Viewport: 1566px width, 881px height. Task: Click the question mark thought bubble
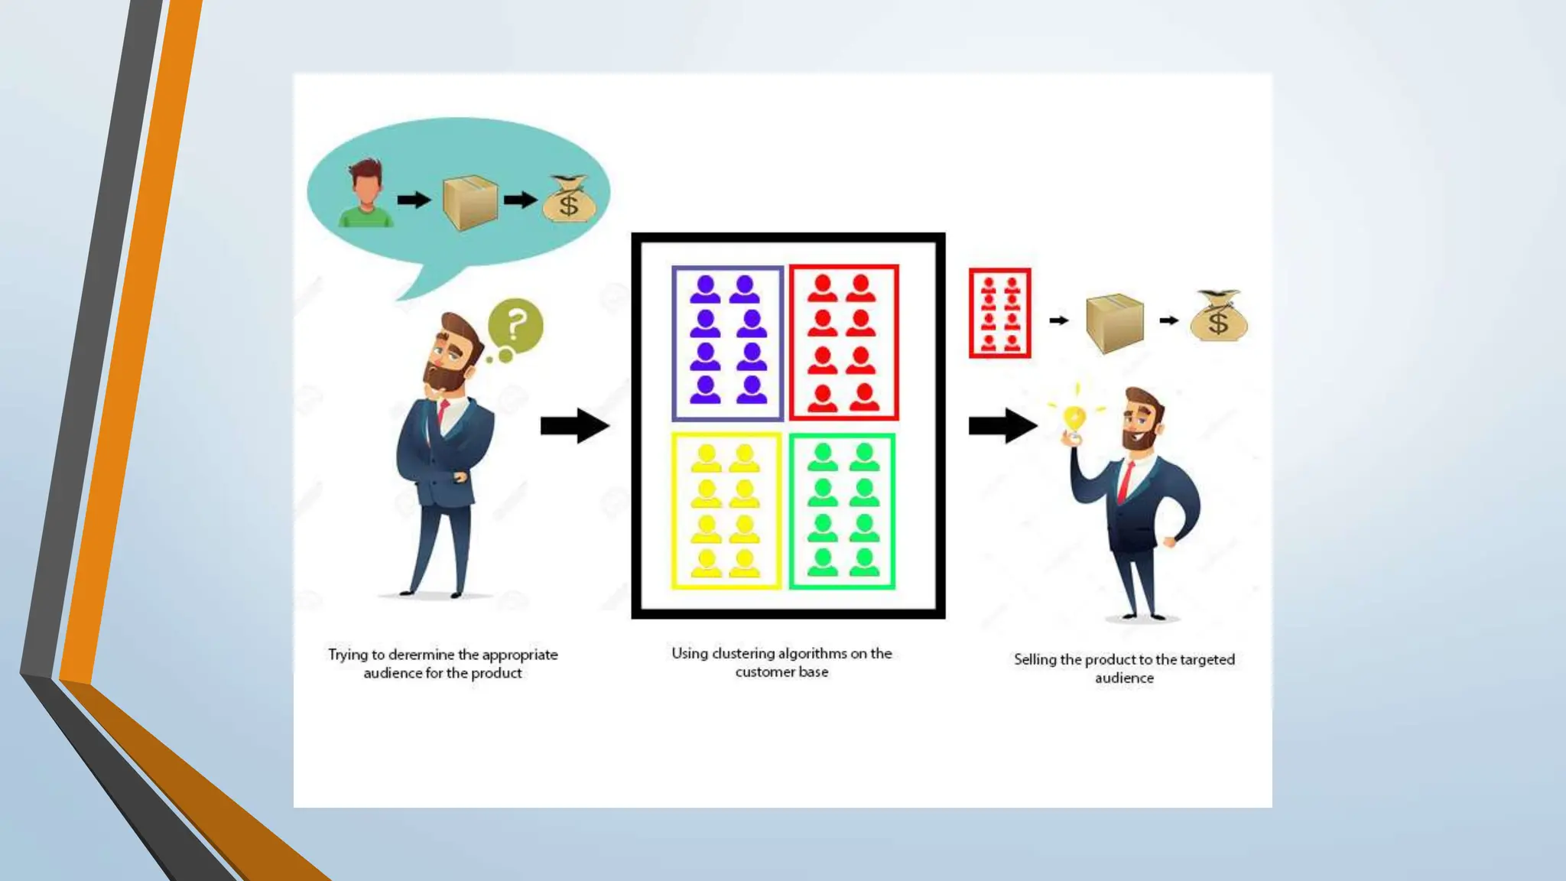pos(515,327)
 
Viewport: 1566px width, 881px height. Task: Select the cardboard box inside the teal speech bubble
pos(469,203)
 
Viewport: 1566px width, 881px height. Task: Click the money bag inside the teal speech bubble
pos(567,200)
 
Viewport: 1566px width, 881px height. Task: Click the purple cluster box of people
pos(727,343)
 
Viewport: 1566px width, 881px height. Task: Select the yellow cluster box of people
pos(726,511)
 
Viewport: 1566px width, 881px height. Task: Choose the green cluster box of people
pos(842,511)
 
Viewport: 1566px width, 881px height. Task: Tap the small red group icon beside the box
pos(999,313)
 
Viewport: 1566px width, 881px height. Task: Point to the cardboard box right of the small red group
pos(1115,322)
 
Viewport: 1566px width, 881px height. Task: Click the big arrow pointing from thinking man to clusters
pos(574,425)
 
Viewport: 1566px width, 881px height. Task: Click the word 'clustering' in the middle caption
pos(743,653)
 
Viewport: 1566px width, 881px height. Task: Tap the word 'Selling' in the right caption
pos(1035,659)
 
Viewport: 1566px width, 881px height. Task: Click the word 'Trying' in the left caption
pos(348,655)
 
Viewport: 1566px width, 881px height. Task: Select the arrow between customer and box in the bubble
pos(414,200)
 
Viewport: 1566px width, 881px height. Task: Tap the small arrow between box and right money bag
pos(1168,320)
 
